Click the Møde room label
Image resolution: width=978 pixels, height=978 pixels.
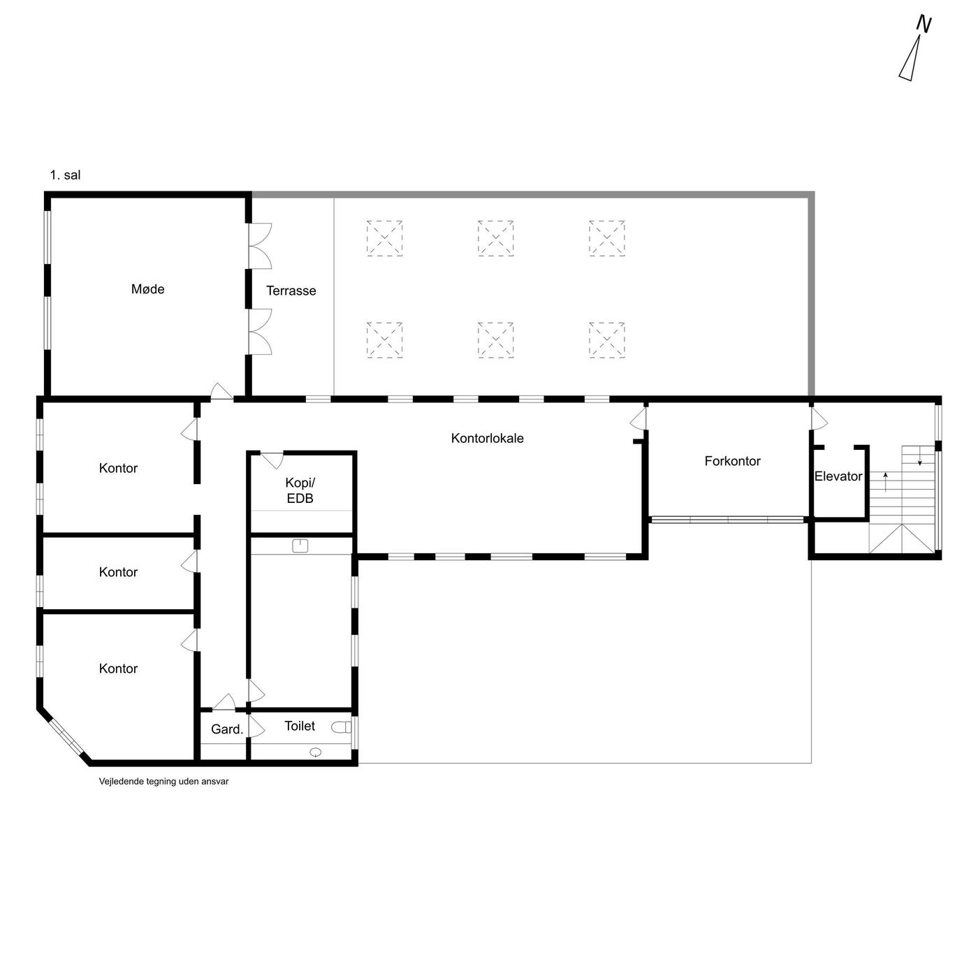click(147, 289)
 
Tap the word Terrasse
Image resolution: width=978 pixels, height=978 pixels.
click(291, 291)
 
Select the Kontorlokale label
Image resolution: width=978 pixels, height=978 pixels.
click(487, 438)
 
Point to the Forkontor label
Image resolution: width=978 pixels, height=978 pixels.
click(732, 461)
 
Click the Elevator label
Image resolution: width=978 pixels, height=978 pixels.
click(838, 476)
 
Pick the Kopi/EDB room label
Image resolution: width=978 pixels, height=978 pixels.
click(300, 490)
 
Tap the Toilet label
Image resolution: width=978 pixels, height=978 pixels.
click(300, 726)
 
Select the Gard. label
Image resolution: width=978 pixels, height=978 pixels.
click(227, 729)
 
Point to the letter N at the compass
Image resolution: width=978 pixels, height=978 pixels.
click(924, 24)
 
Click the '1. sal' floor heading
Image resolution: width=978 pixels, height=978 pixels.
click(65, 175)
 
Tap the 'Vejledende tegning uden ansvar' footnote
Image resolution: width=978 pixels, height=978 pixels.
click(163, 782)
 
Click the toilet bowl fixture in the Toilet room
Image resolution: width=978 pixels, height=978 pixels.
click(342, 727)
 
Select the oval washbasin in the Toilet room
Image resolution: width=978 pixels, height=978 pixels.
click(316, 752)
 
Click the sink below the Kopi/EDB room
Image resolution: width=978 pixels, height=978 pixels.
click(300, 546)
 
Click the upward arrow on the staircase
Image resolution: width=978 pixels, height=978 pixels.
click(886, 481)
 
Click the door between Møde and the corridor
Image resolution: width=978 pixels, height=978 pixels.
click(221, 391)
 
